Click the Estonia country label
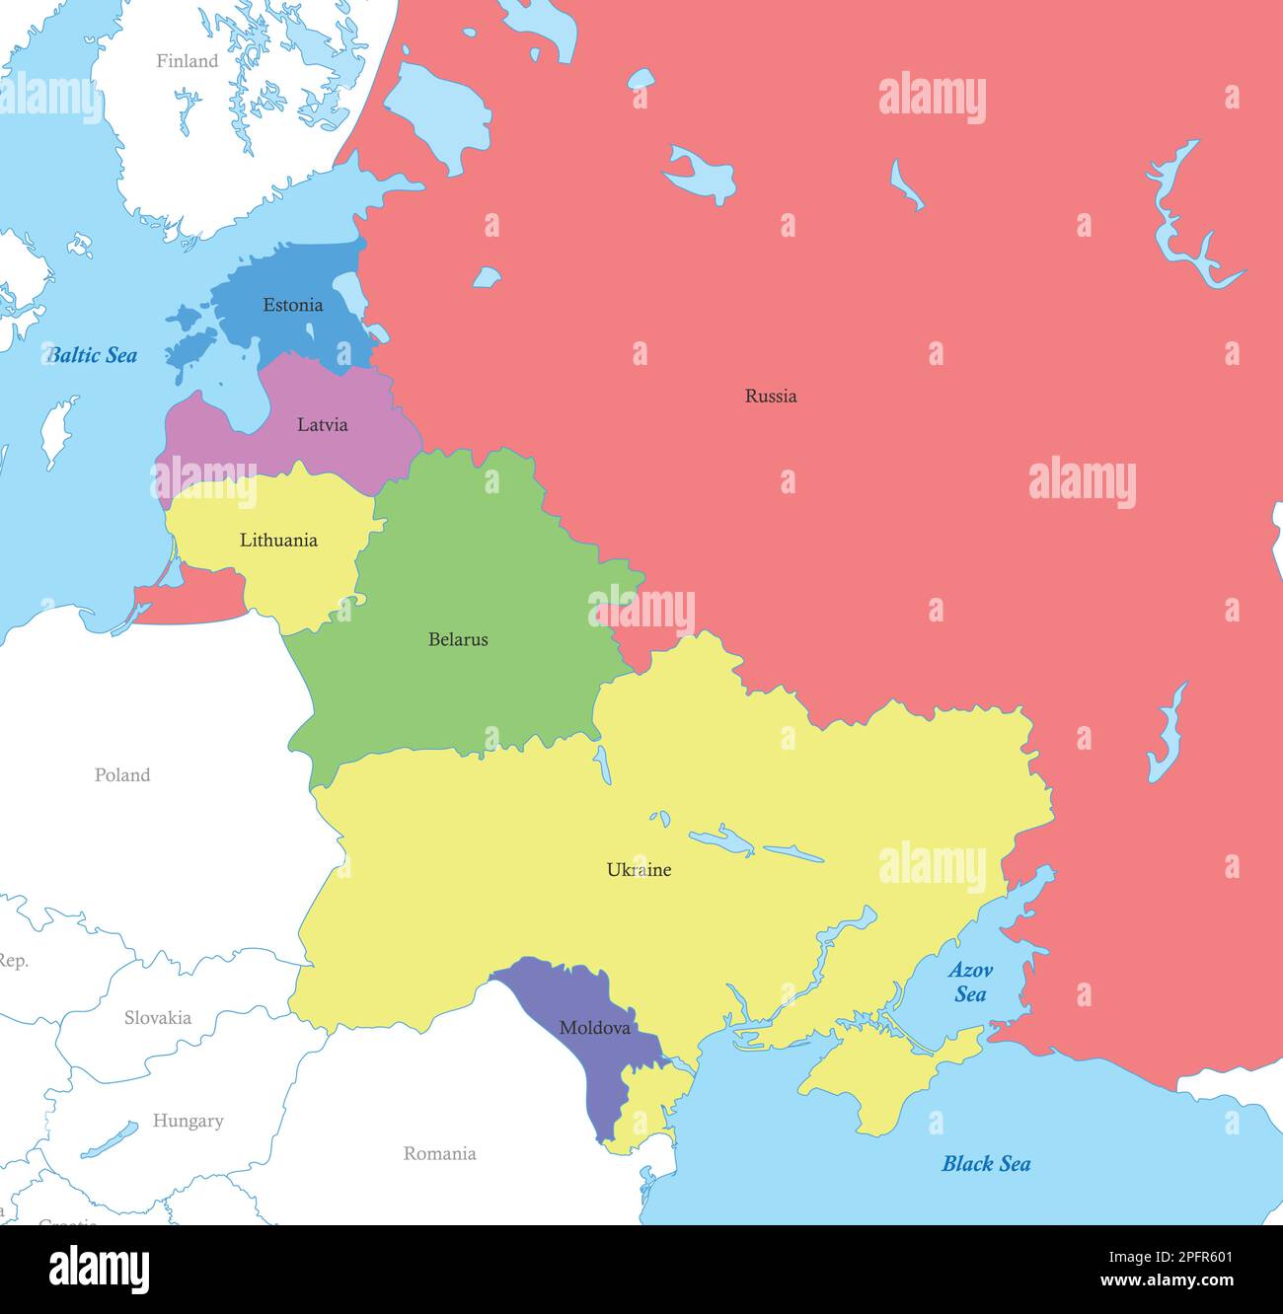pyautogui.click(x=292, y=305)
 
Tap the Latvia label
pyautogui.click(x=322, y=425)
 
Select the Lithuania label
pyautogui.click(x=278, y=540)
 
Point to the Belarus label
pyautogui.click(x=458, y=639)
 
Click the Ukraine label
pyautogui.click(x=639, y=869)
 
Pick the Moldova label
pyautogui.click(x=594, y=1027)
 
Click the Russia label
pyautogui.click(x=770, y=396)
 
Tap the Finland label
pyautogui.click(x=187, y=61)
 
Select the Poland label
pyautogui.click(x=122, y=774)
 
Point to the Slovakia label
pyautogui.click(x=157, y=1017)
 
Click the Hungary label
pyautogui.click(x=188, y=1121)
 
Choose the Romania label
pyautogui.click(x=439, y=1153)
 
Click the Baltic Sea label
pyautogui.click(x=93, y=355)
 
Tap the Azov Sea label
pyautogui.click(x=970, y=982)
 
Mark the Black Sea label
pyautogui.click(x=985, y=1163)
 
